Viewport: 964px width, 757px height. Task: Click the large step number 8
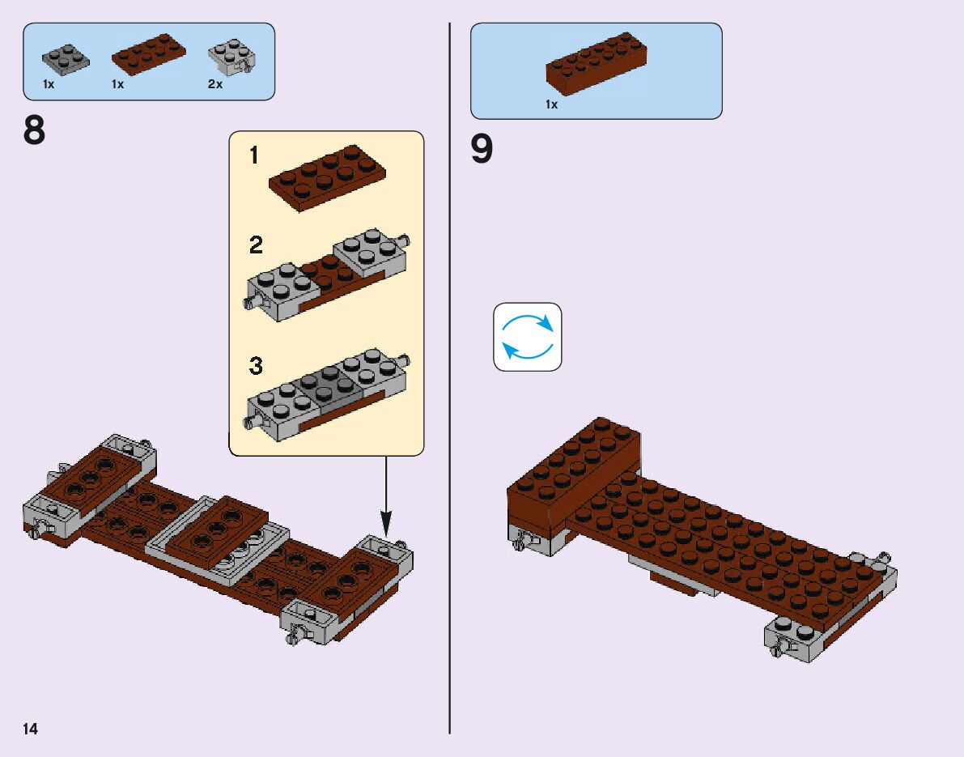35,130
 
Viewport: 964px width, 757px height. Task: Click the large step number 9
482,150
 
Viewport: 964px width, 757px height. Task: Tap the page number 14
31,729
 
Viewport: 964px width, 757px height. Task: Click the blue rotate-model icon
528,337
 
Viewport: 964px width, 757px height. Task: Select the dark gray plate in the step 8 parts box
66,59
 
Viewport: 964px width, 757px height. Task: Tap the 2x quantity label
214,84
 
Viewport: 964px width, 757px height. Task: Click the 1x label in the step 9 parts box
552,104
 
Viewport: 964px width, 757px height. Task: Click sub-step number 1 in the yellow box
254,155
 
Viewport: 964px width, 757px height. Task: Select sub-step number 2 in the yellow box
256,245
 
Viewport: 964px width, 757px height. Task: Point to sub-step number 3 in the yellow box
256,366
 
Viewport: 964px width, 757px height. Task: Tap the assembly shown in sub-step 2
328,275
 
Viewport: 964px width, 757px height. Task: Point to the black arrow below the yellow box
385,494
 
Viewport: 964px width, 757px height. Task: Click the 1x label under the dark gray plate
49,84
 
